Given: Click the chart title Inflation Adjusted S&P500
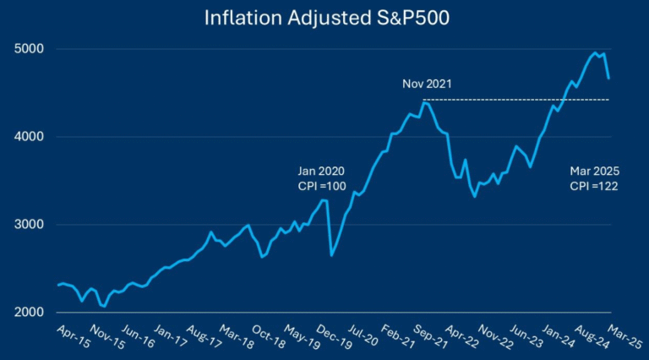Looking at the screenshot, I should [x=324, y=18].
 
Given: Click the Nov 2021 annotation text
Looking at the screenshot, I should [x=427, y=85].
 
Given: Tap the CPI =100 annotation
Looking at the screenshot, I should [x=321, y=186].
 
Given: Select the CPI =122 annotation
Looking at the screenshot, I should [x=592, y=186].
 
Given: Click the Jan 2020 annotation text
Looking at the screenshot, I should [x=321, y=172].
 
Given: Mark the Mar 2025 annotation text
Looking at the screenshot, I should [x=592, y=172].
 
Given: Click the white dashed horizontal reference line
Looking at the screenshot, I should [x=524, y=100].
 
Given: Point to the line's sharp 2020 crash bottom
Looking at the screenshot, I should [x=331, y=255].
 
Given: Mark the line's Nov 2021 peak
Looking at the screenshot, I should [x=425, y=102].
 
